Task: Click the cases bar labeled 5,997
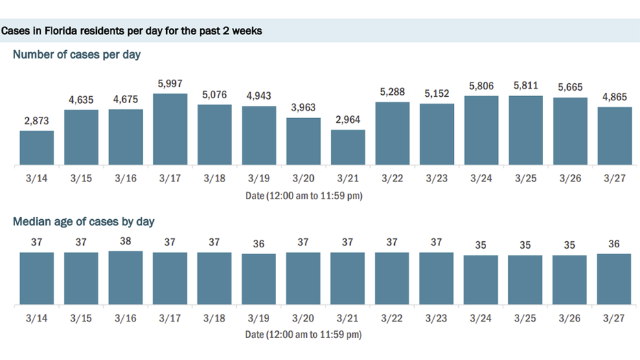tap(170, 130)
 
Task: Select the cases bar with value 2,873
tap(37, 148)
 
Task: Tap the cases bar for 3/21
tap(348, 148)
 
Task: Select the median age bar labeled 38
tap(126, 278)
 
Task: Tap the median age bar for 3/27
tap(615, 280)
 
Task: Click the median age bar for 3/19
tap(259, 280)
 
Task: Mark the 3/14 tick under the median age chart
tap(37, 319)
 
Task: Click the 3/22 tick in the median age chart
tap(393, 319)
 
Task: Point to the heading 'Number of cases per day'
tap(77, 54)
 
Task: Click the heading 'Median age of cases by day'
tap(84, 221)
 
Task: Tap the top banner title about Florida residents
tap(132, 32)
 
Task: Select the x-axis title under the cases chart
tap(304, 196)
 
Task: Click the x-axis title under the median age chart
tap(304, 335)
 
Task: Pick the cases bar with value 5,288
tap(393, 134)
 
